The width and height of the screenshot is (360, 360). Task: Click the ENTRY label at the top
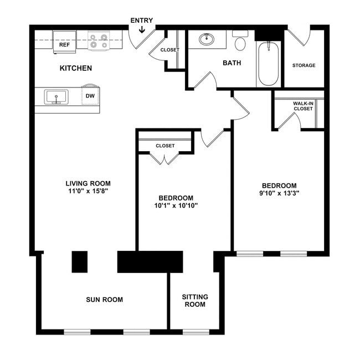coord(141,20)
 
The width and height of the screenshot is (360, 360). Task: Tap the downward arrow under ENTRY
coord(142,29)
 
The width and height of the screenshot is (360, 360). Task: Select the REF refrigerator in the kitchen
coord(64,42)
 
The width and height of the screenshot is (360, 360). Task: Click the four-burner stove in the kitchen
coord(99,40)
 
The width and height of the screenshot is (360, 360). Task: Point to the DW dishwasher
coord(90,95)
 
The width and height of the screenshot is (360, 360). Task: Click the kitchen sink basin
coord(56,97)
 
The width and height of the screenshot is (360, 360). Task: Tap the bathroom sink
coord(207,39)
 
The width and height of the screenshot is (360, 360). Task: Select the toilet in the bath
coord(240,41)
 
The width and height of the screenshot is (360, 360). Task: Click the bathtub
coord(269,64)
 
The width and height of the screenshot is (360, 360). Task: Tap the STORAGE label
coord(304,65)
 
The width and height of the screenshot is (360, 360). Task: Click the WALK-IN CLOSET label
coord(303,106)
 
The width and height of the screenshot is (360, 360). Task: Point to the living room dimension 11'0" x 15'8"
coord(88,191)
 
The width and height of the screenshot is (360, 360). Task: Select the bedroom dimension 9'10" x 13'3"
coord(279,193)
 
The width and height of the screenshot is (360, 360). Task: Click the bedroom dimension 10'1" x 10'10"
coord(176,205)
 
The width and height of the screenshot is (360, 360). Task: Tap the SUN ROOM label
coord(105,300)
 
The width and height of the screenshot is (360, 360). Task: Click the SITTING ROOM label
coord(195,301)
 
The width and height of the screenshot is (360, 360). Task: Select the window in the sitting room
coord(196,332)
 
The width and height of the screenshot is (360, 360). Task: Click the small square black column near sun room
coord(80,262)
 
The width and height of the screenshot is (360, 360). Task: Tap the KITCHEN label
coord(76,68)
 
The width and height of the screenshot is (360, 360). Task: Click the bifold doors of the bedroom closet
coord(164,158)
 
